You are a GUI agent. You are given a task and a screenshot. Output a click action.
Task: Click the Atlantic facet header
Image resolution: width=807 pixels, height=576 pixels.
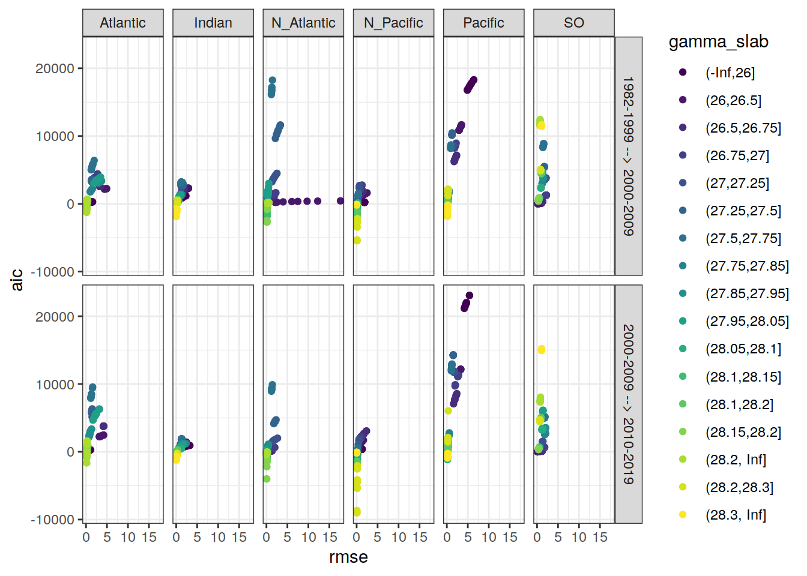pyautogui.click(x=122, y=23)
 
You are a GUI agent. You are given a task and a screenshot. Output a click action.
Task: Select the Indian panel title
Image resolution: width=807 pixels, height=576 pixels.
pyautogui.click(x=213, y=23)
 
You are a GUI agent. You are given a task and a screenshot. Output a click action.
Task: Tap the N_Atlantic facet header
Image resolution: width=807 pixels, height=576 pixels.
pyautogui.click(x=303, y=23)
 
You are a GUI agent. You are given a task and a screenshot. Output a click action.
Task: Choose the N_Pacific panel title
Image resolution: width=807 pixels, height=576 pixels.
pyautogui.click(x=393, y=23)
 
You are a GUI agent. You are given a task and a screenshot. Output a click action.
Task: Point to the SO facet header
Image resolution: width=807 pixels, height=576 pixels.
pyautogui.click(x=573, y=23)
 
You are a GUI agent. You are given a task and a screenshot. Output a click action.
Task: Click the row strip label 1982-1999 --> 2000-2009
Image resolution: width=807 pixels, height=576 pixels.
pyautogui.click(x=628, y=156)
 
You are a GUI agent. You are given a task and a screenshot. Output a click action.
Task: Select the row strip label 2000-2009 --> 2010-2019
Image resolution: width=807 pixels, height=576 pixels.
pyautogui.click(x=628, y=404)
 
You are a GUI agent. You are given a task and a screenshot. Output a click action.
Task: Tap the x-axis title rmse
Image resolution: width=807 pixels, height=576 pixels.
pyautogui.click(x=348, y=557)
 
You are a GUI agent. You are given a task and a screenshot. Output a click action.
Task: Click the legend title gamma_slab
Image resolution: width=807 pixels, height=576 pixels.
pyautogui.click(x=718, y=41)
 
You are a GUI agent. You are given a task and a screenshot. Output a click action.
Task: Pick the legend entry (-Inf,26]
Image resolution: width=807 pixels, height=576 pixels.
pyautogui.click(x=730, y=73)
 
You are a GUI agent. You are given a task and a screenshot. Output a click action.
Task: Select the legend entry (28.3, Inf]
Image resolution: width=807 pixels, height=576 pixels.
pyautogui.click(x=736, y=515)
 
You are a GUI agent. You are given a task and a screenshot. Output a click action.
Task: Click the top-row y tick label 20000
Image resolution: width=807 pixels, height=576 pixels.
pyautogui.click(x=55, y=68)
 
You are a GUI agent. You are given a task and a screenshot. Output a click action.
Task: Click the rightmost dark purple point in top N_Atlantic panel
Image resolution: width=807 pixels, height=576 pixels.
pyautogui.click(x=340, y=201)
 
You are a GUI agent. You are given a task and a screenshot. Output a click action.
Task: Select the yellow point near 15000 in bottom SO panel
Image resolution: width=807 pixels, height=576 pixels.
pyautogui.click(x=541, y=350)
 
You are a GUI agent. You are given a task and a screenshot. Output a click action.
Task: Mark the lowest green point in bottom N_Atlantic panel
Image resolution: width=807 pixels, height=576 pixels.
pyautogui.click(x=267, y=479)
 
